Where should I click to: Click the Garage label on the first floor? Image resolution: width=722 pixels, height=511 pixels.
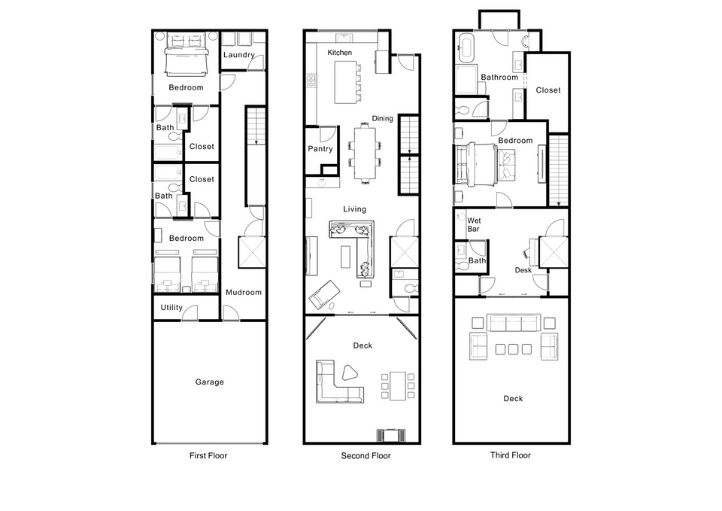[x=210, y=382]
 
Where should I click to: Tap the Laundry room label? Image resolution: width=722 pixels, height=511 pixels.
[x=238, y=55]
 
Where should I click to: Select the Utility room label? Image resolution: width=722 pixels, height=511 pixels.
[x=171, y=308]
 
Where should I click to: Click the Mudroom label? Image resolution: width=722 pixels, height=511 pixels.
[x=244, y=292]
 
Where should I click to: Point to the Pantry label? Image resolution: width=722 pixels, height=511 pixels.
[x=320, y=149]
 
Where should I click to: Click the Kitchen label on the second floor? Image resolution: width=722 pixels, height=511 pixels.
[x=339, y=53]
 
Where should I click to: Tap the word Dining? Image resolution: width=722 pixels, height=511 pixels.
[x=383, y=118]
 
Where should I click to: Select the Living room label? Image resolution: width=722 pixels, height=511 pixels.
[x=354, y=209]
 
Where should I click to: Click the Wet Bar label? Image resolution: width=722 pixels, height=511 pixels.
[x=474, y=224]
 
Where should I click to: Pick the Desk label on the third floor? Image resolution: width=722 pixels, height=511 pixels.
[x=523, y=269]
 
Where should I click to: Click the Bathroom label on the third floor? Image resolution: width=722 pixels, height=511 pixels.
[x=499, y=77]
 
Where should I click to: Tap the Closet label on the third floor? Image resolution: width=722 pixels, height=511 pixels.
[x=548, y=90]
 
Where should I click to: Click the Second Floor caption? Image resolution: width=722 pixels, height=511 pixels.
[x=366, y=456]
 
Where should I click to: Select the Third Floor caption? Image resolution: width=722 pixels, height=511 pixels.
[x=510, y=455]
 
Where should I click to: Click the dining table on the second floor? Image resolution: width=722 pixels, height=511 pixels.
[x=366, y=152]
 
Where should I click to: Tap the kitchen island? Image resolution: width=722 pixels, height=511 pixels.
[x=344, y=82]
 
